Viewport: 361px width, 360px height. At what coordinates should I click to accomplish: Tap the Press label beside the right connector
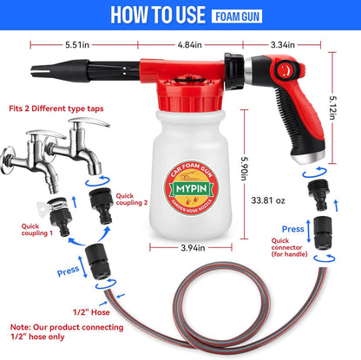[292, 228]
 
